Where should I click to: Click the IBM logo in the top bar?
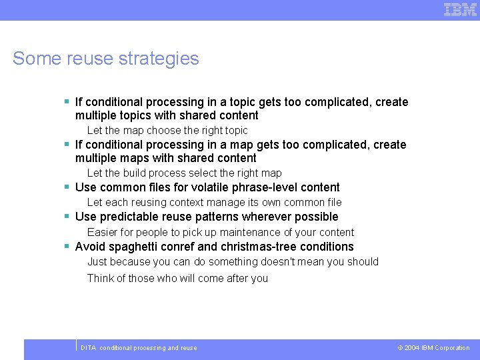point(460,9)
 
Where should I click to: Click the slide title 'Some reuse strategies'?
point(105,59)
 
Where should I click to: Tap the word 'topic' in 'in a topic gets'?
point(243,102)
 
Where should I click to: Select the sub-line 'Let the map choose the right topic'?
point(167,131)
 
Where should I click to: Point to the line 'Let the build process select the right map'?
point(185,173)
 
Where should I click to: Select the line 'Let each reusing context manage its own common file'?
point(214,203)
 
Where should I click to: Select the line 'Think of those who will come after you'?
point(177,279)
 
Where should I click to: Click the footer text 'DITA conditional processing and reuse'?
point(139,348)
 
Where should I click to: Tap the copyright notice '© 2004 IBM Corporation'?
point(433,348)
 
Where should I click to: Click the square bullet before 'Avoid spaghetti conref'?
point(67,246)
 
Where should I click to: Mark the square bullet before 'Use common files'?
point(67,187)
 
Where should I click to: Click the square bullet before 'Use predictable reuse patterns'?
point(67,216)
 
